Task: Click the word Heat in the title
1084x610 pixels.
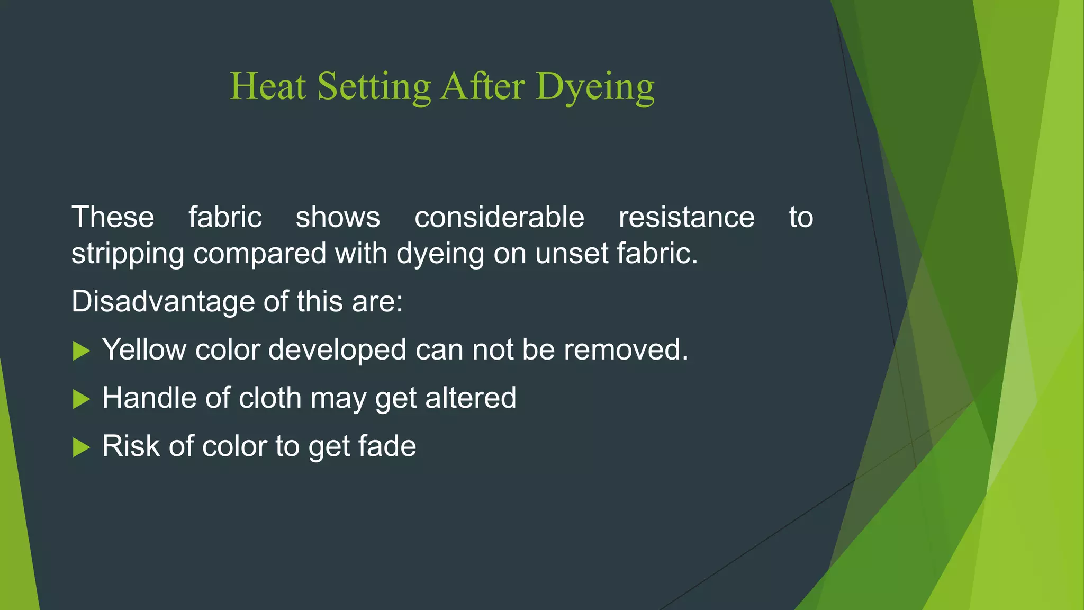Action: pos(268,86)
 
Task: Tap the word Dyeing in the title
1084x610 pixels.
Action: pos(595,87)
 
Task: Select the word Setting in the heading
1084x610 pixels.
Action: pos(374,87)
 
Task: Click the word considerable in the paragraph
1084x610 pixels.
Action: pos(499,217)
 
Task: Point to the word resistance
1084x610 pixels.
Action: pos(686,217)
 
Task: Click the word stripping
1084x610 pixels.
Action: pos(128,254)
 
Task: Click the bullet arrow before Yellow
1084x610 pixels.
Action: pos(81,351)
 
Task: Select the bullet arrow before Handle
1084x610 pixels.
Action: pos(81,399)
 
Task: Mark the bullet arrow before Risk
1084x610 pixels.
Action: pos(81,447)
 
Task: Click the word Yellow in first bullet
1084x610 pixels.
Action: pos(144,349)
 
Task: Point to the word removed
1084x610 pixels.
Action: pos(626,349)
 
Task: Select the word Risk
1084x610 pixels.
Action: pos(131,446)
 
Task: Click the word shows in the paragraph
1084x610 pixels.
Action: pos(338,217)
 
